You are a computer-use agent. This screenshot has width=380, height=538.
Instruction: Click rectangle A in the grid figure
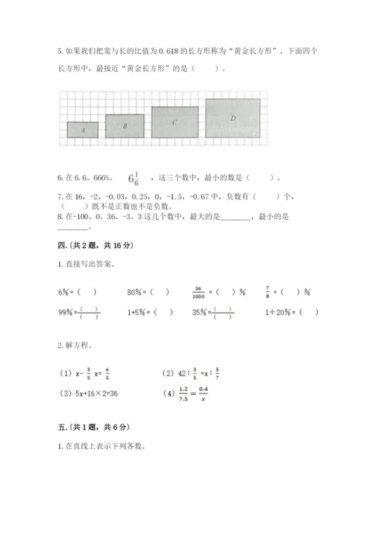tap(82, 130)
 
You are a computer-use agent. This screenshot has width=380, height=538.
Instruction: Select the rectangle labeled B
tap(125, 126)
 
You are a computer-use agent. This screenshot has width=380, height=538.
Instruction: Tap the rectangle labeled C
tap(175, 122)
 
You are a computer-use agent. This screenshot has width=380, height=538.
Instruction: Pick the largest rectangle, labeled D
tap(233, 119)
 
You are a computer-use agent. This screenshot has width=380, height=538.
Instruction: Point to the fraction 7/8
tap(269, 291)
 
